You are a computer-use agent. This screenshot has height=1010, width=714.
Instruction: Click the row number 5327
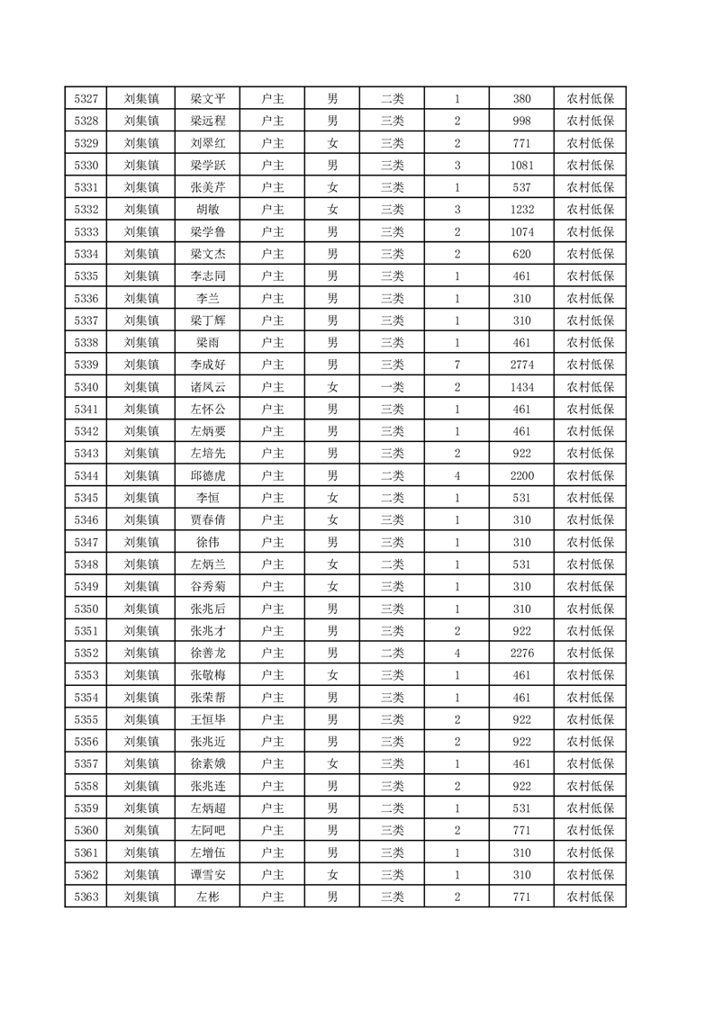click(x=86, y=99)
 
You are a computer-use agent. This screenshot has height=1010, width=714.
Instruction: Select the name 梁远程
click(x=208, y=122)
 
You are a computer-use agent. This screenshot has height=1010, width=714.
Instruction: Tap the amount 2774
click(x=521, y=365)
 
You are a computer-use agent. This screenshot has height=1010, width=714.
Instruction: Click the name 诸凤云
click(x=208, y=387)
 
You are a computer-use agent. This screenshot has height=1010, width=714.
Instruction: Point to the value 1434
click(x=521, y=387)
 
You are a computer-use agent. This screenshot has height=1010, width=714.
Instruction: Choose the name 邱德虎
click(x=208, y=475)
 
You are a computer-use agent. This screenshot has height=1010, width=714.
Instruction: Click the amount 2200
click(x=521, y=475)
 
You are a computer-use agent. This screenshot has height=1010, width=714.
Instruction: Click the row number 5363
click(x=86, y=897)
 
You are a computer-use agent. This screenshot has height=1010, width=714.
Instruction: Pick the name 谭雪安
click(x=208, y=874)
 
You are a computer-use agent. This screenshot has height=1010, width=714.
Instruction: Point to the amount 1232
click(x=521, y=210)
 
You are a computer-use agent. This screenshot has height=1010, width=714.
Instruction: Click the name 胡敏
click(x=208, y=210)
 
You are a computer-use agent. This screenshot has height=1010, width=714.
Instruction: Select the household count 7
click(x=457, y=365)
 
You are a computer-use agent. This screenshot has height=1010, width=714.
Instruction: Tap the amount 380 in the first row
click(x=521, y=99)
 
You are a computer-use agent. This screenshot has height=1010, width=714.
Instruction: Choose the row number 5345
click(x=86, y=498)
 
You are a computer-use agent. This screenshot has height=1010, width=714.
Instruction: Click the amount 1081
click(x=521, y=166)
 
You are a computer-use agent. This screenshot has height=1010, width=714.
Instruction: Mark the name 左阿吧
click(x=208, y=830)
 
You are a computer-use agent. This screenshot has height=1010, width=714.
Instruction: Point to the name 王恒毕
click(x=208, y=719)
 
